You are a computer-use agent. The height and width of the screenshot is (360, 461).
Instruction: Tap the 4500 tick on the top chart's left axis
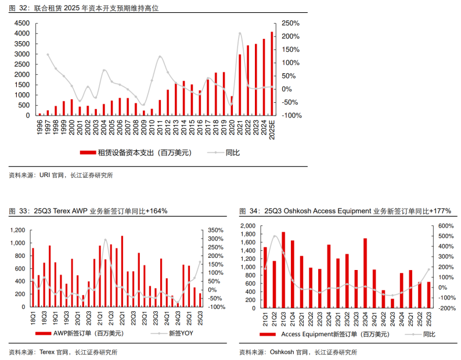23,23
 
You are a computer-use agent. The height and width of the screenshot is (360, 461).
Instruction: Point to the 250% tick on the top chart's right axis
290,23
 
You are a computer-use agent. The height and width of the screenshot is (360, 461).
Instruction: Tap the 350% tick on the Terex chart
215,231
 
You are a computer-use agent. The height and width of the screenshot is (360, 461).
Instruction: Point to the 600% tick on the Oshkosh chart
446,226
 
